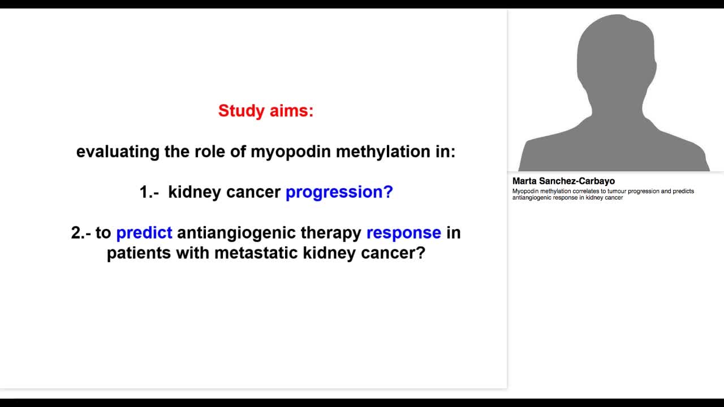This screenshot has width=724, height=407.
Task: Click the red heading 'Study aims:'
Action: [x=265, y=111]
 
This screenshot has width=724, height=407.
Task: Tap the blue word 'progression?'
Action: [x=339, y=192]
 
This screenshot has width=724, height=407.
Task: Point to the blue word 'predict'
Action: [x=144, y=233]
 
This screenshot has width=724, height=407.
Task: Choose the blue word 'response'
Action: [x=403, y=233]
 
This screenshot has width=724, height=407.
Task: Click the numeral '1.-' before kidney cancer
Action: [x=149, y=192]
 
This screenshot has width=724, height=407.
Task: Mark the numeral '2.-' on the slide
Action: [x=81, y=233]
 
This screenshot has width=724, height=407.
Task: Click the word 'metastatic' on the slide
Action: [x=256, y=253]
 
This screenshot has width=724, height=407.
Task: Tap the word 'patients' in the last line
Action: [x=139, y=253]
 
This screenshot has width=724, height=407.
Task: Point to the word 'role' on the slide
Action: [x=194, y=151]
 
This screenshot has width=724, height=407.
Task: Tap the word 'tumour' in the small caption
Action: [x=612, y=191]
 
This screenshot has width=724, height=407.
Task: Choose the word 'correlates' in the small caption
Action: [x=586, y=191]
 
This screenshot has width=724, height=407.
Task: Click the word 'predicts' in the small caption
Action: [x=683, y=191]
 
